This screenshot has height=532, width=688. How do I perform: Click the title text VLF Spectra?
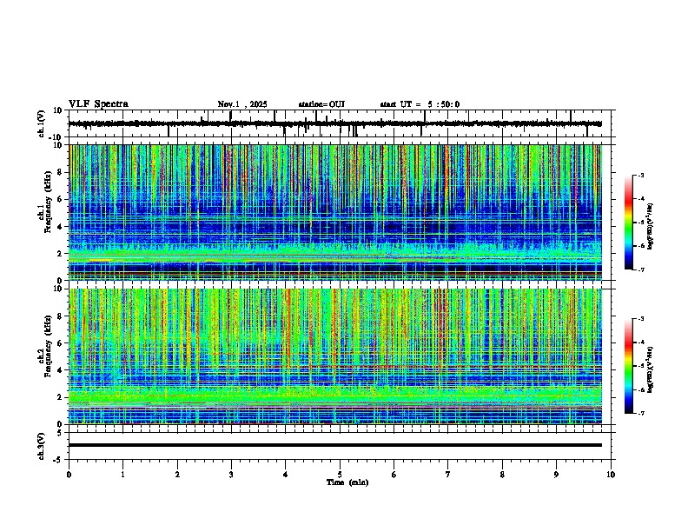(98, 104)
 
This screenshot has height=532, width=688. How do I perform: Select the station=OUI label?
(321, 104)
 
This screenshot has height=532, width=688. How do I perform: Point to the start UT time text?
(420, 104)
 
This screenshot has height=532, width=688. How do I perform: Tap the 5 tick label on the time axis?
(340, 475)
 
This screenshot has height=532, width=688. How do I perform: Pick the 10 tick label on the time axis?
(611, 475)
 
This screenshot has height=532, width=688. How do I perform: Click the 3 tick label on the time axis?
(231, 475)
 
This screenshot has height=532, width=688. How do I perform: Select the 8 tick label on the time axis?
(502, 475)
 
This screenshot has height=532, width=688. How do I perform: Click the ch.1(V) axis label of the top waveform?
(42, 124)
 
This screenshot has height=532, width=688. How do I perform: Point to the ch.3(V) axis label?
(42, 444)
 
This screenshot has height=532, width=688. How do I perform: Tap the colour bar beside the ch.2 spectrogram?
(629, 366)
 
